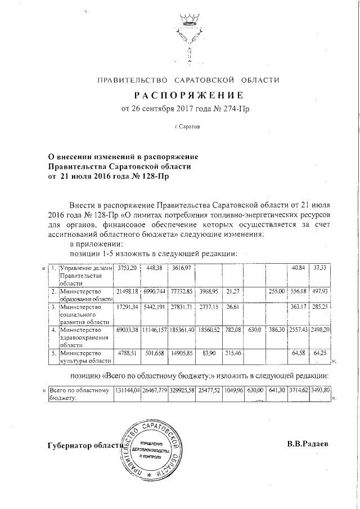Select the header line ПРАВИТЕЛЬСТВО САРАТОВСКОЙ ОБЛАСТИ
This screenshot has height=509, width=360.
pos(188,80)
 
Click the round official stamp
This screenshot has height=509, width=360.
pos(150,454)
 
